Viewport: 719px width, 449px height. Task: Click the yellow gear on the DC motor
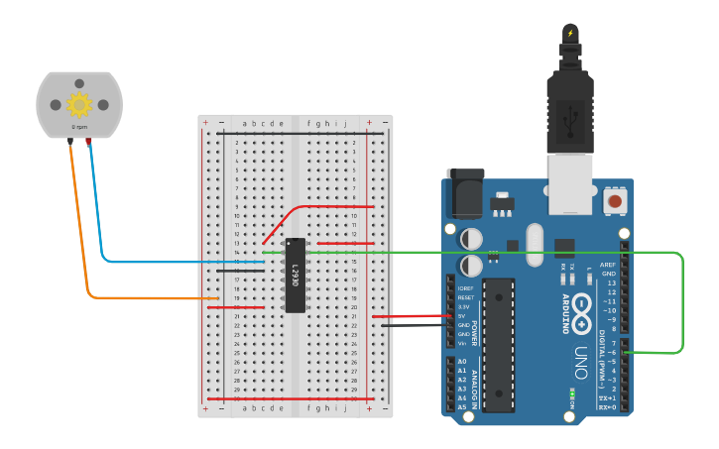(x=78, y=104)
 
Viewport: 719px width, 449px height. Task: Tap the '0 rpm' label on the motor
(x=78, y=128)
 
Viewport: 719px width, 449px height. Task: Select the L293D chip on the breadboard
(x=295, y=275)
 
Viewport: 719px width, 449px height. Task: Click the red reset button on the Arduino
(x=615, y=201)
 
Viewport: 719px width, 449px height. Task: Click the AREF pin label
(x=609, y=265)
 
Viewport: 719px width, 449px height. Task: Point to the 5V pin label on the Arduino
(x=463, y=316)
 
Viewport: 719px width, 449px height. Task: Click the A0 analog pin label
(x=462, y=362)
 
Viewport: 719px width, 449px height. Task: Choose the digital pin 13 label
(x=611, y=282)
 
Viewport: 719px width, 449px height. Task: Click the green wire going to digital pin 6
(x=682, y=297)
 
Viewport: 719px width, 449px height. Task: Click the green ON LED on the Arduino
(x=572, y=393)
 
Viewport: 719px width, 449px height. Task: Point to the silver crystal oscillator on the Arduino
(x=536, y=241)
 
